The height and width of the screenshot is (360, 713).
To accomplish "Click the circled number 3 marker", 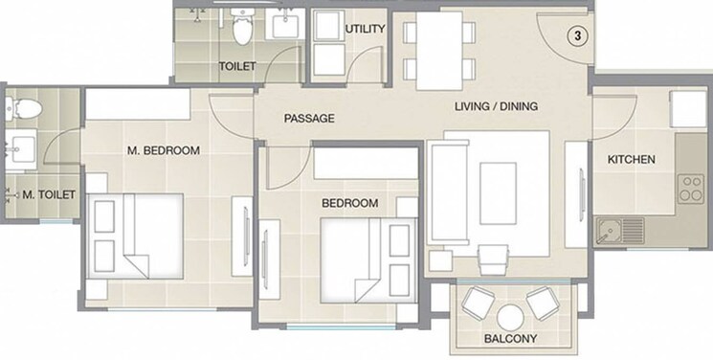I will [577, 35].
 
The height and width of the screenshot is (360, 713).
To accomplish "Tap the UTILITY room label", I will [366, 29].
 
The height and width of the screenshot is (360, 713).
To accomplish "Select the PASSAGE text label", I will [309, 119].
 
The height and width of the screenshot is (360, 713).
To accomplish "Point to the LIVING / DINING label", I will [496, 106].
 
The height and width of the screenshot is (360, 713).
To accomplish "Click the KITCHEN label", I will [632, 159].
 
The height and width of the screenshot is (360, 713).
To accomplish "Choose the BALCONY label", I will [510, 338].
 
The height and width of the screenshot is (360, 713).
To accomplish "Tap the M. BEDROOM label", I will [164, 150].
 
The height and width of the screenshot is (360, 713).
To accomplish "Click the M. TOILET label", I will [42, 195].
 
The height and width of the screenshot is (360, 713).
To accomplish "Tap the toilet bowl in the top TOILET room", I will [242, 31].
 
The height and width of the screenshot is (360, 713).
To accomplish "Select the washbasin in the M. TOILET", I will [21, 148].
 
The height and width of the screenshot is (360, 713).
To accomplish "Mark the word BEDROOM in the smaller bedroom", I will [349, 203].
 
